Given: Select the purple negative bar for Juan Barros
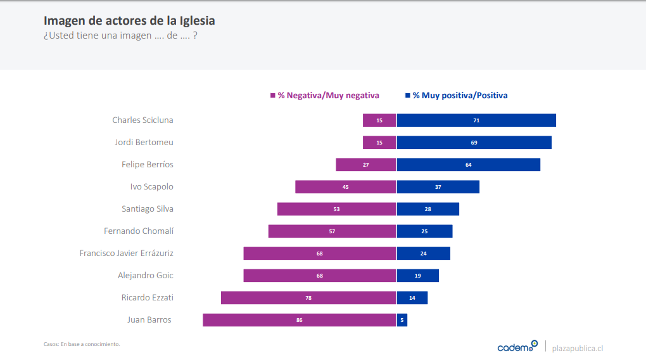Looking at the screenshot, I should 299,320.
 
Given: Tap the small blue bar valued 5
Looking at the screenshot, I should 402,320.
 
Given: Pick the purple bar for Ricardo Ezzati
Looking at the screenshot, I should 308,298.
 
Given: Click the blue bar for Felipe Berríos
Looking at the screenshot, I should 469,165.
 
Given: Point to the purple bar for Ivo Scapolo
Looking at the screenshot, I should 345,187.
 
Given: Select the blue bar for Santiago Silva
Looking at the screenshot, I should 428,209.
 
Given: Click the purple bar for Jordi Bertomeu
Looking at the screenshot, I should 379,143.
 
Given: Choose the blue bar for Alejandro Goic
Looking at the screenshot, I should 418,276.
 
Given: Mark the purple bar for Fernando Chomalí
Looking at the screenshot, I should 332,231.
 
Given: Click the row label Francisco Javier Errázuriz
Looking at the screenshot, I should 126,254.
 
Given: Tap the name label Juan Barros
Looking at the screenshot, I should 149,320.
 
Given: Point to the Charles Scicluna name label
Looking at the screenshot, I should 142,120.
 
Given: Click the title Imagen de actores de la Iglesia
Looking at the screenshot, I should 129,21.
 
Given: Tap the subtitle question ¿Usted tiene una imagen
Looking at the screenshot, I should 120,35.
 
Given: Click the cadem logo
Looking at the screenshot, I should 517,347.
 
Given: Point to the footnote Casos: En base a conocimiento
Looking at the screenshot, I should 82,344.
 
